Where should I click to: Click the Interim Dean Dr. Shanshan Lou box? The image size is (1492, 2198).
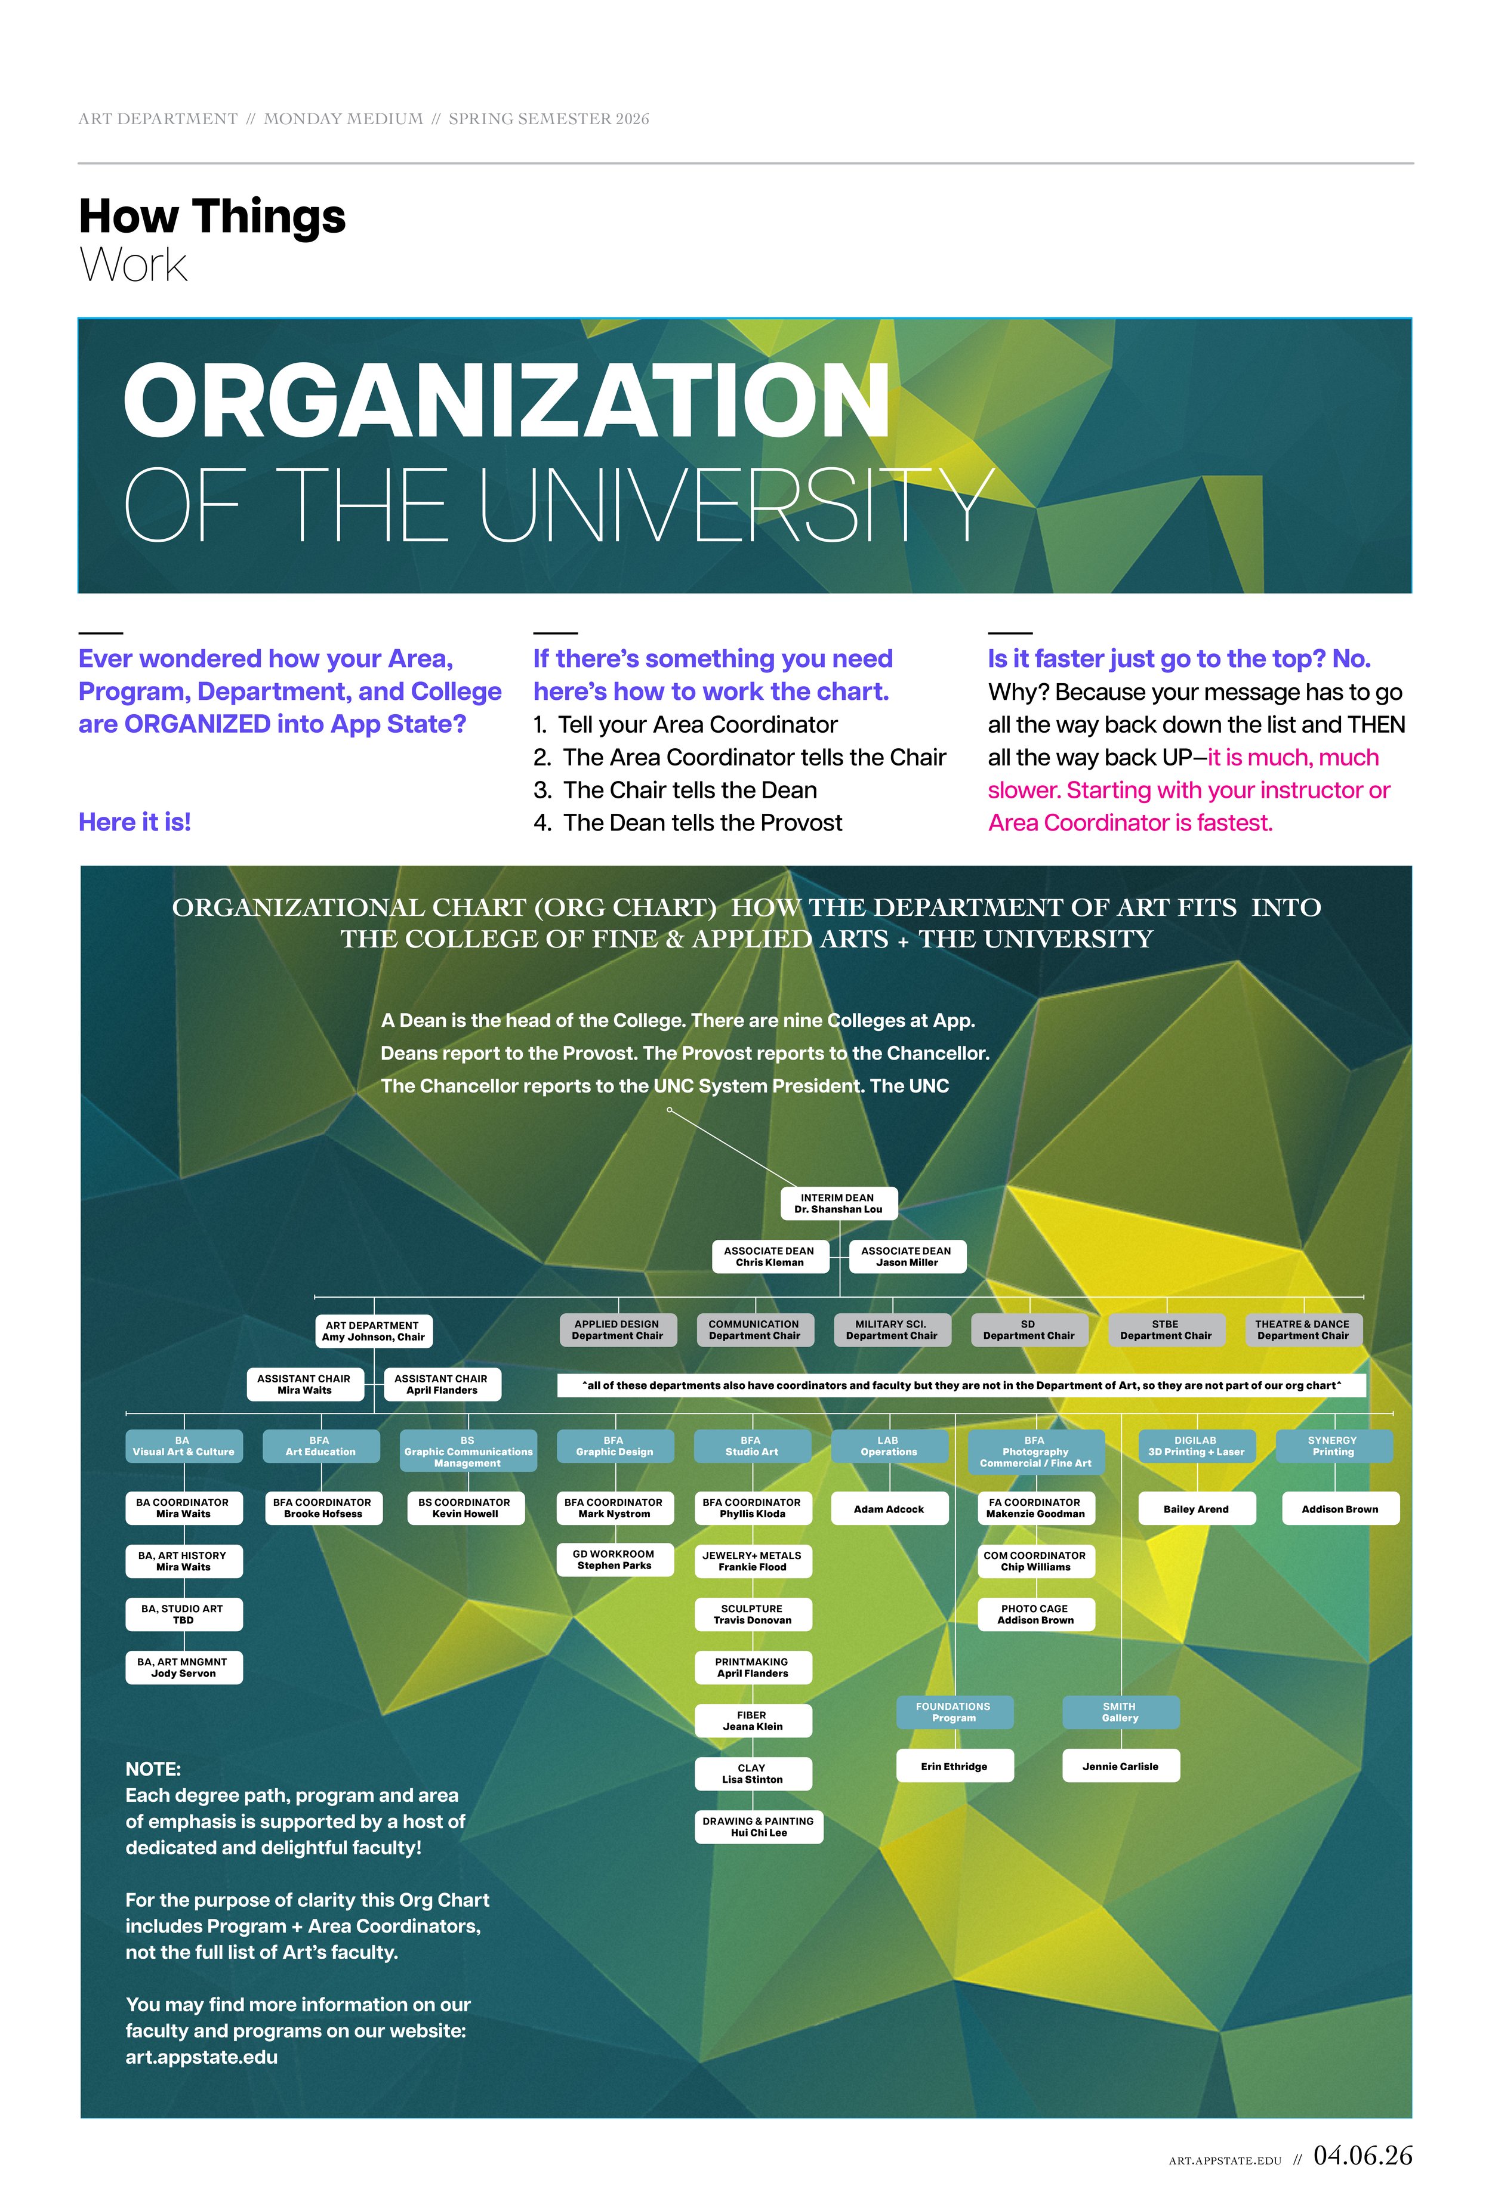839,1203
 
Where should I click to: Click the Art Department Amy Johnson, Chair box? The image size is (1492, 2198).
373,1330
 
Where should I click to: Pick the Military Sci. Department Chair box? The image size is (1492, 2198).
891,1330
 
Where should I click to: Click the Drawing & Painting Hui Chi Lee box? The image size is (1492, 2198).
759,1826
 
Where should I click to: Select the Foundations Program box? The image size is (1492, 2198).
954,1712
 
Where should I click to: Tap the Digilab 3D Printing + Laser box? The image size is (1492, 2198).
1196,1446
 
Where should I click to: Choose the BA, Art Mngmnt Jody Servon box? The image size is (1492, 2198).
184,1668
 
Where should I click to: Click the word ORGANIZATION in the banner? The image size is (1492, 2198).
507,401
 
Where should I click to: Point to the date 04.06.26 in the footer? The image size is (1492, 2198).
1362,2156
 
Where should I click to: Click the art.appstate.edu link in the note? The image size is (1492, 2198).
202,2058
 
